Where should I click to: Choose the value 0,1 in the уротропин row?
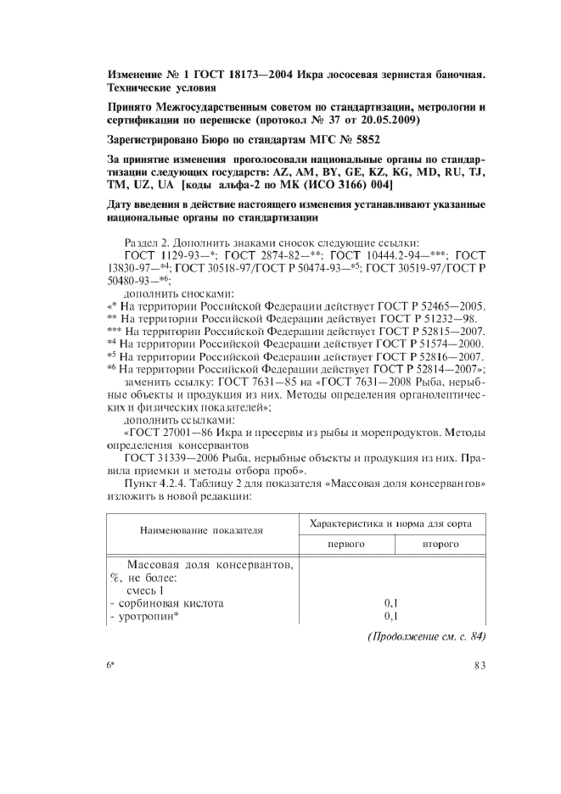(x=391, y=616)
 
